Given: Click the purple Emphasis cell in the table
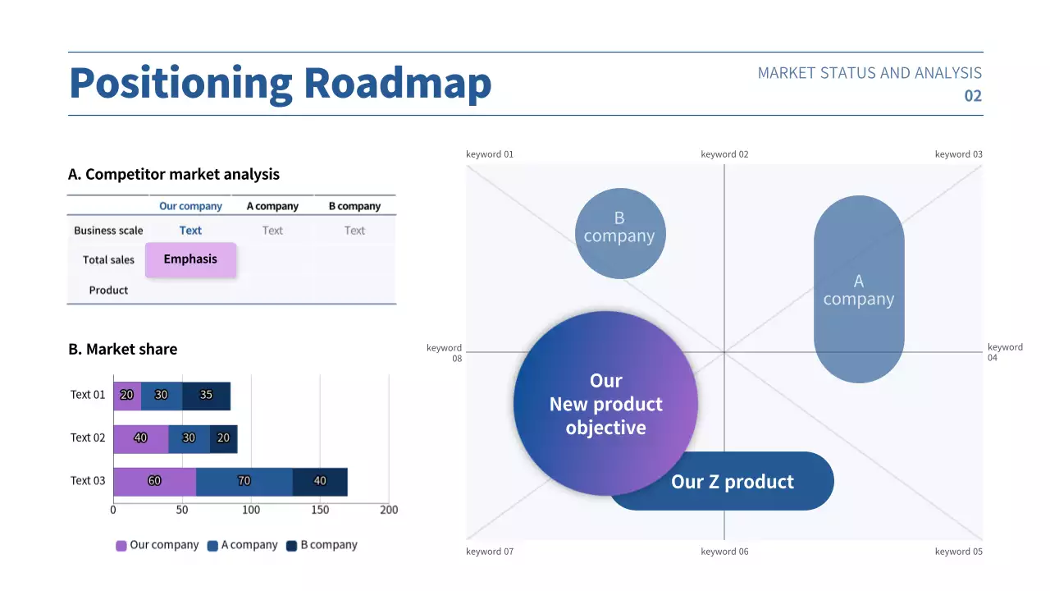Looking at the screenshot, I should coord(190,259).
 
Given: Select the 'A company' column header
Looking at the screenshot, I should coord(272,206).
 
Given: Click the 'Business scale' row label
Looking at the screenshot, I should coord(108,231).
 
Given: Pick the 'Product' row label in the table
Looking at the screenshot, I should coord(108,290).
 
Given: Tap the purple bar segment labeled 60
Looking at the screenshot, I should coord(154,481).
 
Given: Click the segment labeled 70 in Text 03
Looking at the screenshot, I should coord(244,481).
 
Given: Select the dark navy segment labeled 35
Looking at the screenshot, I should coord(206,395).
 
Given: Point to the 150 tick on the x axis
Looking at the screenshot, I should coord(320,510).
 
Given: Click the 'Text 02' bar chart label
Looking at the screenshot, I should coord(88,438).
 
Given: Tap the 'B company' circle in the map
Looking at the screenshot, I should coord(619,233).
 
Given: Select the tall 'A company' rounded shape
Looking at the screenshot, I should coord(859,289).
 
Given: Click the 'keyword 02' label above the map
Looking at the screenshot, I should coord(724,154).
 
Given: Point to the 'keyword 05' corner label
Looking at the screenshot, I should coord(958,552).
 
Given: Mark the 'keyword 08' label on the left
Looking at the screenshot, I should coord(445,353).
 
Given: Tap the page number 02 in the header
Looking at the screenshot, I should coord(972,96).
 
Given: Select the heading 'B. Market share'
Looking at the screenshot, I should coord(122,349).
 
